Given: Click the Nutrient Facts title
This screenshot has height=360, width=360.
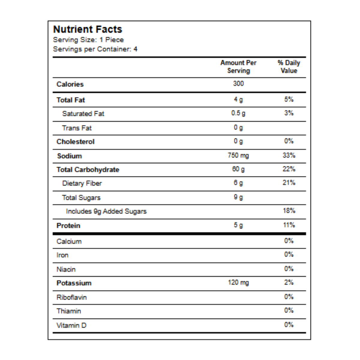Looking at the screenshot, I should click(88, 29).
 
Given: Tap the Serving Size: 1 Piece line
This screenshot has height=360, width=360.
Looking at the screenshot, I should click(88, 40).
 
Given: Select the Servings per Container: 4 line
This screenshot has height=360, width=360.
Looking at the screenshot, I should click(95, 49).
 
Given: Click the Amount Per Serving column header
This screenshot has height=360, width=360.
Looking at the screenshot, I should click(238, 67).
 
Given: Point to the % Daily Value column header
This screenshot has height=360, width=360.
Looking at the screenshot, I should click(289, 67).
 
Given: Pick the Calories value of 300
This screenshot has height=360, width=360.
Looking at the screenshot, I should click(238, 84).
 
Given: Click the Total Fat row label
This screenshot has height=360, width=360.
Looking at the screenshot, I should click(71, 100).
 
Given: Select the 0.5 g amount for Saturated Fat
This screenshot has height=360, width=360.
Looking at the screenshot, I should click(238, 113).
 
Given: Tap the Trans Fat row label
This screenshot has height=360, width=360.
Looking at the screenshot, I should click(77, 128).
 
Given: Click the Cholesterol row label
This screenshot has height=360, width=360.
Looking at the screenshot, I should click(76, 142).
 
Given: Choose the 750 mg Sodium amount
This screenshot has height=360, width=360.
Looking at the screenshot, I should click(238, 155).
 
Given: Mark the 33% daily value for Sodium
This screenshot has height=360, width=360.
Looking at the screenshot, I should click(289, 155).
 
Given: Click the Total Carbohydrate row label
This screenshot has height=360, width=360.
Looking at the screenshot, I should click(88, 170).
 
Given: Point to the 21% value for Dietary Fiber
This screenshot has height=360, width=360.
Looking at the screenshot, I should click(289, 183).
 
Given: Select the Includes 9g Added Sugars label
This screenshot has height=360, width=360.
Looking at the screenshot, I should click(106, 211).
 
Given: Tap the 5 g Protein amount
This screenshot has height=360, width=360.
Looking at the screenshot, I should click(238, 225).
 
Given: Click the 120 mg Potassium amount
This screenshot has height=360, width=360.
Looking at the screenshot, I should click(238, 283).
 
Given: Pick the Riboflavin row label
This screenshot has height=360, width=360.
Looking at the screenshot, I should click(72, 297).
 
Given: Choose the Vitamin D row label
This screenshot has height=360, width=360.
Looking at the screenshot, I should click(71, 325).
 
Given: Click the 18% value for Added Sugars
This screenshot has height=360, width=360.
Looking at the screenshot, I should click(289, 211).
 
